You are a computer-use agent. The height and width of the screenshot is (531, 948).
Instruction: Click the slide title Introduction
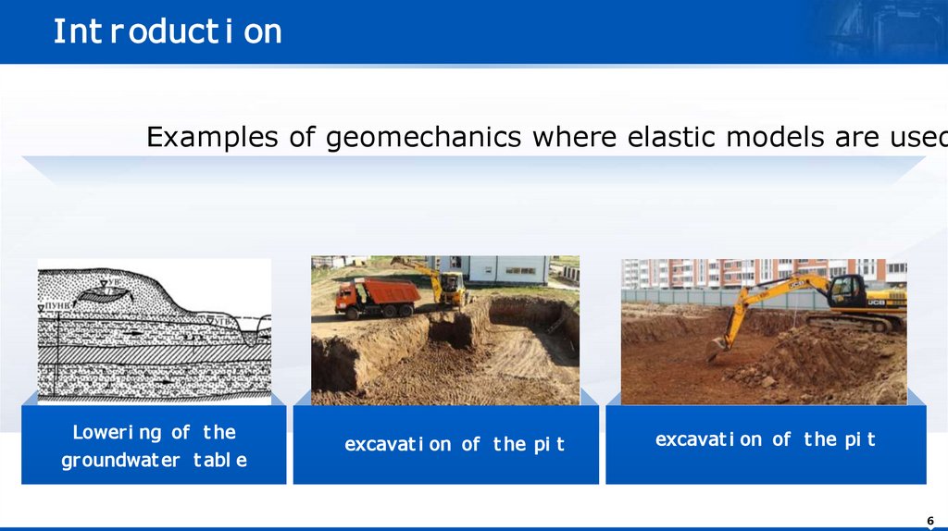tap(167, 31)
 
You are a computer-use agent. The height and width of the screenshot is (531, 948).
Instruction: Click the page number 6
tap(929, 518)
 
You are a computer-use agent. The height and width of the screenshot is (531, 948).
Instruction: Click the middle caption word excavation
tap(398, 445)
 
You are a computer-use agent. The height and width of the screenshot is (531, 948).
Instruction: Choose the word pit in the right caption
tap(859, 439)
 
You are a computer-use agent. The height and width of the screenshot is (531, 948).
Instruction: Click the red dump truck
tap(376, 298)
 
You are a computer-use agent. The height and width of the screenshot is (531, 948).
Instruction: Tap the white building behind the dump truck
tap(505, 269)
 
